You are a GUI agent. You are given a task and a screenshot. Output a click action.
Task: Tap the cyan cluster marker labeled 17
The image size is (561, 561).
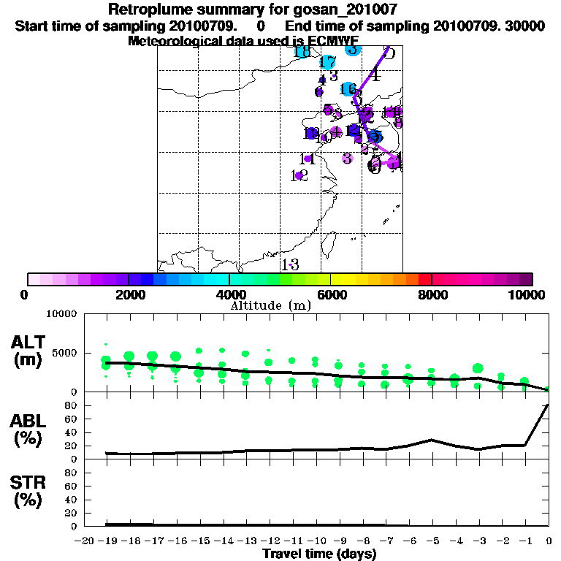(x=328, y=63)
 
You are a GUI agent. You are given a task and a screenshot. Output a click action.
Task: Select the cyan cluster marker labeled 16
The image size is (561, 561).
(x=349, y=89)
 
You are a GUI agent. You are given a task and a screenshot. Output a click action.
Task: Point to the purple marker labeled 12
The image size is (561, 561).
(x=299, y=175)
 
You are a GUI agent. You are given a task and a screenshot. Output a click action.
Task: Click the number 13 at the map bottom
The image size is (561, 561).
(x=290, y=264)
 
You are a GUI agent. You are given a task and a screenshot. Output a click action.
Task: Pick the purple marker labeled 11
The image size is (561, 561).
(x=308, y=159)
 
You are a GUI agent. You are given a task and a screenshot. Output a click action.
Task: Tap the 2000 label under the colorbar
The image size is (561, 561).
(x=129, y=294)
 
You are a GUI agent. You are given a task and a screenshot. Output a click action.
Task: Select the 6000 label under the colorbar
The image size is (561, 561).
(x=331, y=294)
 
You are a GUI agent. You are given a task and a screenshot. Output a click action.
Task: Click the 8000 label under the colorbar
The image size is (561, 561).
(x=432, y=294)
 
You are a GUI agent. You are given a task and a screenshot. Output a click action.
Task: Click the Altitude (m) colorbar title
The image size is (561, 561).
(x=270, y=305)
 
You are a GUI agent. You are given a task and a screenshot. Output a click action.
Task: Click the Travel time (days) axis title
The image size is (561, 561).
(x=319, y=554)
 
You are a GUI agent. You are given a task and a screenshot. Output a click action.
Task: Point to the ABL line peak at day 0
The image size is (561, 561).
(x=548, y=405)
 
